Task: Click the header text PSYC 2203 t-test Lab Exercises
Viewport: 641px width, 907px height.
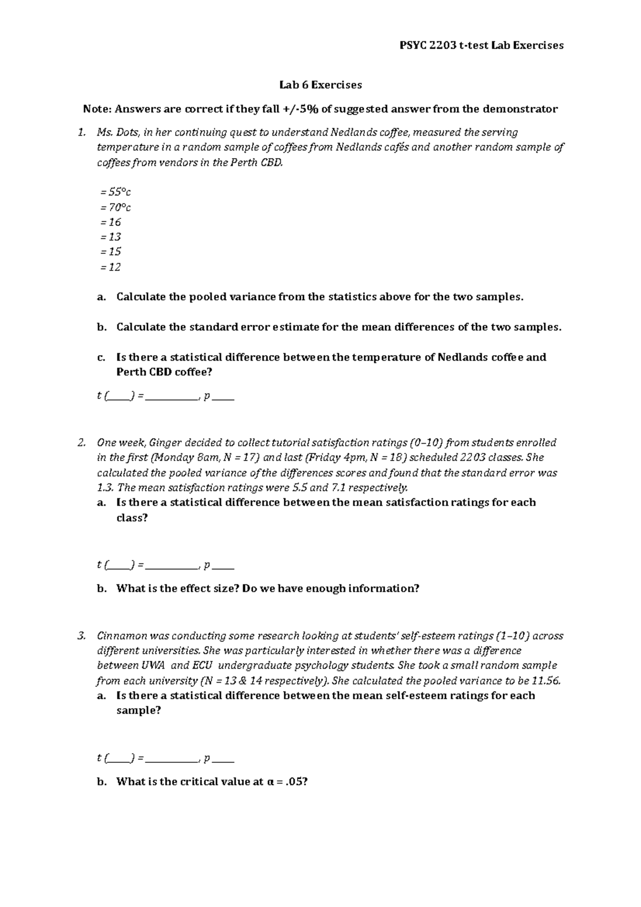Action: coord(481,45)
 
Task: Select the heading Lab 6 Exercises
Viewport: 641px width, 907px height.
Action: coord(320,84)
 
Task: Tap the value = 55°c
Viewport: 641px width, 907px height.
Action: coord(115,192)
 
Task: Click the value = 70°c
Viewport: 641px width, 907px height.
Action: coord(115,207)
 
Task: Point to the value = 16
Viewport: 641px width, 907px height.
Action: coord(111,222)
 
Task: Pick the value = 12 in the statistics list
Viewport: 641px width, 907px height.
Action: coord(111,267)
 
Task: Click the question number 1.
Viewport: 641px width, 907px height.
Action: coord(81,132)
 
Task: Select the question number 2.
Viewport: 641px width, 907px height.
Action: coord(81,443)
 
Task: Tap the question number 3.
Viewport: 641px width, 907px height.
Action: coord(81,636)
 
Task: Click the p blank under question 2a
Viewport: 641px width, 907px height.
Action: coord(225,567)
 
